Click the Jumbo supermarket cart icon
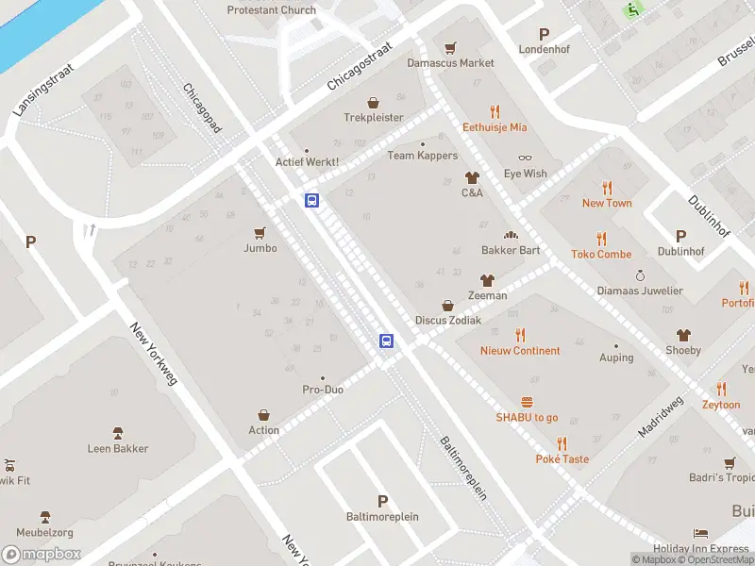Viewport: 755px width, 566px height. pyautogui.click(x=260, y=233)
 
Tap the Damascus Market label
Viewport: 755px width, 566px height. pyautogui.click(x=450, y=63)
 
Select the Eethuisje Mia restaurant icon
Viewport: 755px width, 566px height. pyautogui.click(x=495, y=111)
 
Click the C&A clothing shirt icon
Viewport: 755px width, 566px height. pyautogui.click(x=472, y=177)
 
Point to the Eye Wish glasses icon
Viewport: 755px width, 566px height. pyautogui.click(x=525, y=158)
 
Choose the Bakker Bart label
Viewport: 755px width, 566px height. pyautogui.click(x=511, y=250)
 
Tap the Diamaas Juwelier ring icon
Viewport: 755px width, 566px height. pyautogui.click(x=640, y=275)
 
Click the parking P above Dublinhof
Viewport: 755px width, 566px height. pyautogui.click(x=679, y=236)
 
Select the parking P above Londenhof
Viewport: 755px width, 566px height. pyautogui.click(x=543, y=33)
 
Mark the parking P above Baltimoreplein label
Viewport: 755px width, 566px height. pyautogui.click(x=382, y=501)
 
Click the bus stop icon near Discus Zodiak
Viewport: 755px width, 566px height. pyautogui.click(x=386, y=341)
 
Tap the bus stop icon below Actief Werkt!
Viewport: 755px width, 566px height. pyautogui.click(x=311, y=200)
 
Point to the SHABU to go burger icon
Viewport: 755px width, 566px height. pyautogui.click(x=527, y=402)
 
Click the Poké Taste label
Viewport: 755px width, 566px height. pyautogui.click(x=562, y=459)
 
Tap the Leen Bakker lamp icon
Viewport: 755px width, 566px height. pyautogui.click(x=118, y=433)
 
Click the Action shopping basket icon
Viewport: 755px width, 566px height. pyautogui.click(x=264, y=415)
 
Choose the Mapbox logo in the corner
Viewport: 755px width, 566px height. pyautogui.click(x=42, y=555)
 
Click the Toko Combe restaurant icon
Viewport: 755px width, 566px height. pyautogui.click(x=601, y=239)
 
